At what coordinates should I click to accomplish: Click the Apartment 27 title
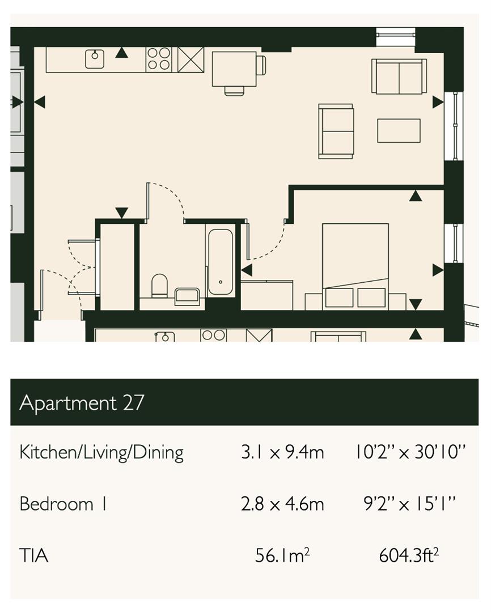[82, 403]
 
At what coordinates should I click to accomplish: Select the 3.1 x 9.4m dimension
[282, 452]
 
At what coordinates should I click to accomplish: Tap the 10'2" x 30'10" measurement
[410, 452]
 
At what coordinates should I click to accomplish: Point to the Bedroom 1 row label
[63, 504]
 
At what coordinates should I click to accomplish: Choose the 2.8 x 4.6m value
[282, 504]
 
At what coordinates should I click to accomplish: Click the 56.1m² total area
[282, 555]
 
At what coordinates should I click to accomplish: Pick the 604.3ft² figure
[409, 555]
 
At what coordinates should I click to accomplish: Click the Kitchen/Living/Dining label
[101, 453]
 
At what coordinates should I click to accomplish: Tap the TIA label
[34, 555]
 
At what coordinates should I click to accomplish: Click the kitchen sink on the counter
[95, 59]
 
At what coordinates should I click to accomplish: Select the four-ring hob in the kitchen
[159, 59]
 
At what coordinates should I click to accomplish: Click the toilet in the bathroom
[159, 285]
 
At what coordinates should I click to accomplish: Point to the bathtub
[221, 262]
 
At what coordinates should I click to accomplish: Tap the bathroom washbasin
[187, 296]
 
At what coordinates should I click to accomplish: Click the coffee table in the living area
[399, 131]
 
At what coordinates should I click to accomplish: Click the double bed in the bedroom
[355, 266]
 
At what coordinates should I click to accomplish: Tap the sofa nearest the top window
[399, 76]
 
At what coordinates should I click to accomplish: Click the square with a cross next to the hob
[191, 59]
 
